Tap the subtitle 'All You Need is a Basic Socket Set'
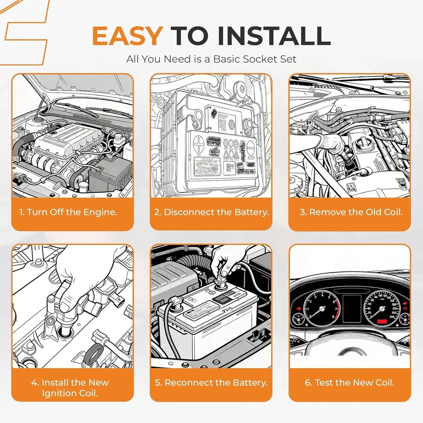pyautogui.click(x=211, y=59)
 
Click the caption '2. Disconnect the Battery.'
pyautogui.click(x=211, y=212)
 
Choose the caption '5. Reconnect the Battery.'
pyautogui.click(x=211, y=383)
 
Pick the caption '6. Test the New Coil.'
pyautogui.click(x=350, y=383)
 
